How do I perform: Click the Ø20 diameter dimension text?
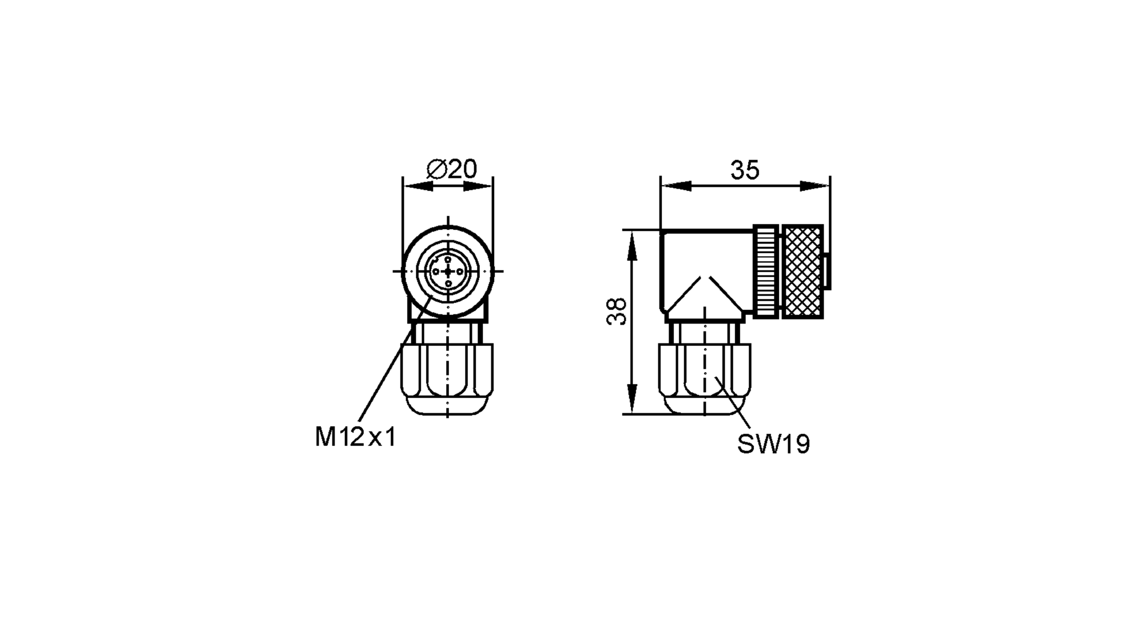point(451,169)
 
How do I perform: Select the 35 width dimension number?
point(744,170)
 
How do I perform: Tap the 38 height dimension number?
point(617,312)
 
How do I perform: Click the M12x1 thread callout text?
point(355,438)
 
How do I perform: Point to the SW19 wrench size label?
point(773,444)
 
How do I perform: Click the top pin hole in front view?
point(448,259)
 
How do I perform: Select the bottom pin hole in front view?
point(448,283)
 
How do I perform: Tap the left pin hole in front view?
point(436,272)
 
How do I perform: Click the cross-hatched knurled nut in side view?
point(803,271)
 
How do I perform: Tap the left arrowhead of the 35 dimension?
point(675,186)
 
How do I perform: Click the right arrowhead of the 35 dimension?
point(815,186)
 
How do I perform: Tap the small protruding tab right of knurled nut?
point(827,273)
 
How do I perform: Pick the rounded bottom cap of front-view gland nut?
point(447,407)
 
